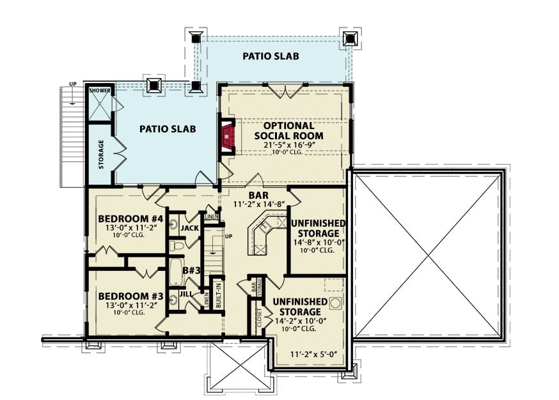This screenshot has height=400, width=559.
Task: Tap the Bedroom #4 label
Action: pos(131,220)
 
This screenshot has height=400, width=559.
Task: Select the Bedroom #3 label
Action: pos(130,296)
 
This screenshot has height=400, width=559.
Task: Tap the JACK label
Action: pos(189,228)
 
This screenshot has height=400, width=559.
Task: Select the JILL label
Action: pos(185,294)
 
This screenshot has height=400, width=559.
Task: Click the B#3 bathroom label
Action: pos(193,270)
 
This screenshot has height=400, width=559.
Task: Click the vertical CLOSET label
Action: pos(259,317)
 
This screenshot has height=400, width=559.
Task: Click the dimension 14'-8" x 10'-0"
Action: pos(319,242)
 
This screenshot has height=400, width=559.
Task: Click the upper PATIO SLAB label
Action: pos(271,56)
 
